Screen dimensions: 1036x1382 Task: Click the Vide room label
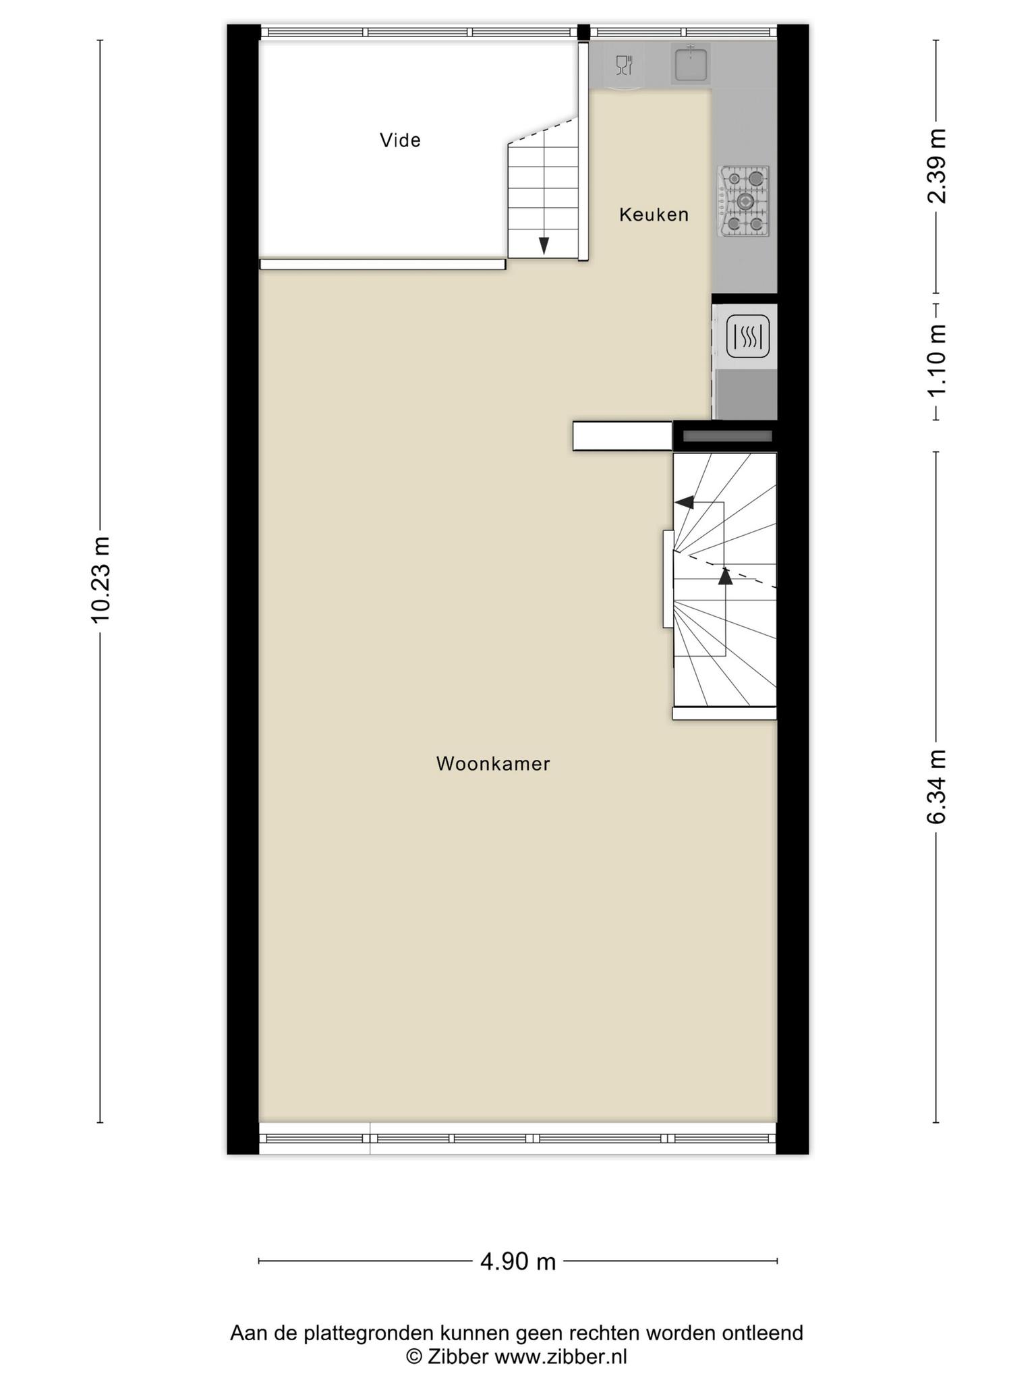coord(400,140)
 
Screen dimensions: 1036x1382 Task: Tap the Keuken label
coord(654,215)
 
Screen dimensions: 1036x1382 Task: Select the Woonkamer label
coord(493,764)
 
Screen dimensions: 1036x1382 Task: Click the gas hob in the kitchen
coord(745,201)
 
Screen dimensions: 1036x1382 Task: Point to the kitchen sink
coord(690,64)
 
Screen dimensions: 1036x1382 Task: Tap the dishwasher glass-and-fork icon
coord(625,65)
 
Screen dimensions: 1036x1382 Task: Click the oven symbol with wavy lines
coord(747,336)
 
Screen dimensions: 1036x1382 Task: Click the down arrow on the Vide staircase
coord(544,246)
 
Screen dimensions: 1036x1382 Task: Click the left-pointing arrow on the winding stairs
coord(685,502)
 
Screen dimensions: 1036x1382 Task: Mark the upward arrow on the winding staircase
coord(725,576)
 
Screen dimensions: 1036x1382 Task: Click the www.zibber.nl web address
coord(561,1356)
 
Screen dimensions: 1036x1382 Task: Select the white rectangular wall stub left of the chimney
coord(623,436)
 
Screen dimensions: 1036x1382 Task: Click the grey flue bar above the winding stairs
coord(727,437)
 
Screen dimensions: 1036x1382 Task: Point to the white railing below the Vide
coord(382,265)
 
